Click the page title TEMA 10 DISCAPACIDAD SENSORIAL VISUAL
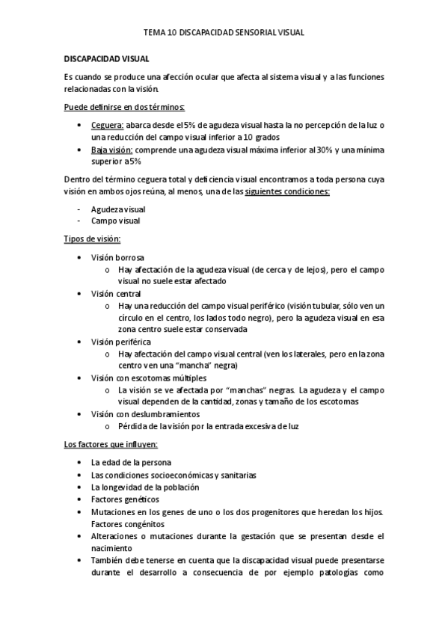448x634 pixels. (x=224, y=33)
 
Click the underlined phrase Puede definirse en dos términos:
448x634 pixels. (x=124, y=106)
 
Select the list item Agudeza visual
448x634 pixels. (x=118, y=209)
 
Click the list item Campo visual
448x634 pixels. (x=115, y=221)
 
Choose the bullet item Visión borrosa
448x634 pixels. (x=118, y=256)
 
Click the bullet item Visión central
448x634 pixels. (x=117, y=293)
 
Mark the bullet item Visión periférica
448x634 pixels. (x=121, y=342)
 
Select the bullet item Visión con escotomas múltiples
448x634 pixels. (x=148, y=378)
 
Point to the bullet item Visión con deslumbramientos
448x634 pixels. (x=145, y=413)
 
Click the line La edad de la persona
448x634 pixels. (x=131, y=462)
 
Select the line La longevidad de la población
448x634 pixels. (x=145, y=487)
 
